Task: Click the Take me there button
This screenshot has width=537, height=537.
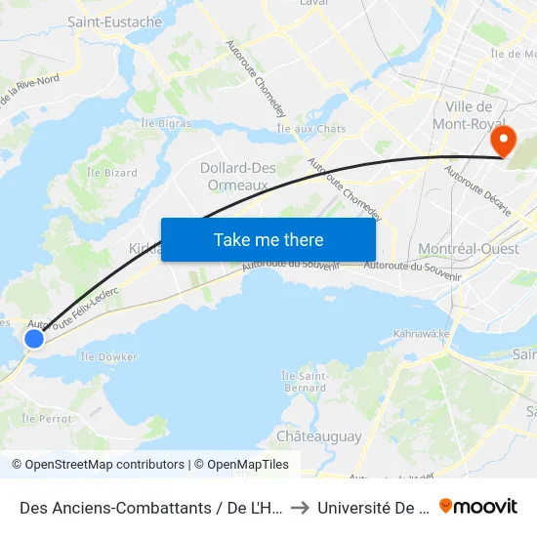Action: click(268, 239)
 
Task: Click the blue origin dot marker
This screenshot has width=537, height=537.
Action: click(34, 339)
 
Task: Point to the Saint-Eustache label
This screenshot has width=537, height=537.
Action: click(115, 21)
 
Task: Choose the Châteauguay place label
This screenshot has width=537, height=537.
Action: click(318, 436)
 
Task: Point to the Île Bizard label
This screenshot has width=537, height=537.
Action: click(111, 173)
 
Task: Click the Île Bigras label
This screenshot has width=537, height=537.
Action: click(165, 124)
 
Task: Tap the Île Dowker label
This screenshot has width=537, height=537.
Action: click(103, 357)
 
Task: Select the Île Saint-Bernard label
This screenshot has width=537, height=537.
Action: click(304, 381)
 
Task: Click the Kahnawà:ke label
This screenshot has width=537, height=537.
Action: click(420, 334)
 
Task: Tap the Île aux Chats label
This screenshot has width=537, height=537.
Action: click(311, 129)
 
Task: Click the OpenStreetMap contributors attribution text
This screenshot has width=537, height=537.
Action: click(99, 465)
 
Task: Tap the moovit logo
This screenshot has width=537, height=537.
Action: click(478, 506)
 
